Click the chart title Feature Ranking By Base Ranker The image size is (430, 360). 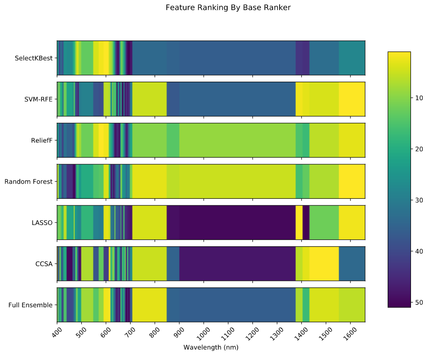coord(225,7)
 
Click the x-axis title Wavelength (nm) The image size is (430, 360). coord(211,347)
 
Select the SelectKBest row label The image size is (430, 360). coord(33,58)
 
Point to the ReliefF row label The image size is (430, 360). coord(42,140)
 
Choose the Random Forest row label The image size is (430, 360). coord(29,182)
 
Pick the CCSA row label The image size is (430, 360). coord(44,264)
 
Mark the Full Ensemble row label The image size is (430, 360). coord(31,305)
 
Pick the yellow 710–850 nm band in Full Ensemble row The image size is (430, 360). coord(149,305)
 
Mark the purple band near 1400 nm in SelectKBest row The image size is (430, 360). coord(302,58)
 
